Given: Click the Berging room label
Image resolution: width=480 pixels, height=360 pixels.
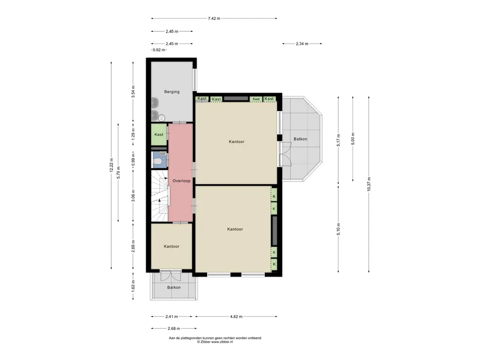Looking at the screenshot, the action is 172,91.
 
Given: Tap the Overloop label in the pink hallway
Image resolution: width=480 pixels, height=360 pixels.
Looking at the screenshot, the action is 181,181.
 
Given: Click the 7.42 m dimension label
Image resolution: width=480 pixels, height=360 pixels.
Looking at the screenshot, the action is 214,18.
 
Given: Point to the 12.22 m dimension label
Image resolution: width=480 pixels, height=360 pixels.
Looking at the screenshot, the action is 111,165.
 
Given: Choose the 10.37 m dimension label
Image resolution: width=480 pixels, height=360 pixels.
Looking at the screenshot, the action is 369,184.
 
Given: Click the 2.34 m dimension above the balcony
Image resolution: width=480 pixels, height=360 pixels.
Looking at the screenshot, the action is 302,44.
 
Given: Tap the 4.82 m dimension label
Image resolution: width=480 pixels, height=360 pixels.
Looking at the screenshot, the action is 236,316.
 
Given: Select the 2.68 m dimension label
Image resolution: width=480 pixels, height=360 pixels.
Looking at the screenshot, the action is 173,329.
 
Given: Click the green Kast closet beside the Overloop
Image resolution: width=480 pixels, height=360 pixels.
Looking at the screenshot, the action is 159,135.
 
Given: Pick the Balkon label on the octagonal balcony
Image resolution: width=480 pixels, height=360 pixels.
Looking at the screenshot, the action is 300,139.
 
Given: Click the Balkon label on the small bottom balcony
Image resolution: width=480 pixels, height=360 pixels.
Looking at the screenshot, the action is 174,287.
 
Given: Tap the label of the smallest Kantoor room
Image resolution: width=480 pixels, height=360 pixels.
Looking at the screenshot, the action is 172,247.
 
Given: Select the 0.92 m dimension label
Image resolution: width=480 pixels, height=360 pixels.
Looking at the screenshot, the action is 159,50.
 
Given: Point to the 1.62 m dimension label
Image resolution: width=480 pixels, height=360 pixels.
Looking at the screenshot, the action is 133,286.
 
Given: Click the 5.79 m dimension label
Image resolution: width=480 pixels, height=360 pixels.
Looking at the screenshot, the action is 119,172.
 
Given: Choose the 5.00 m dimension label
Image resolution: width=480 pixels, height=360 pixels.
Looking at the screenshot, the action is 353,139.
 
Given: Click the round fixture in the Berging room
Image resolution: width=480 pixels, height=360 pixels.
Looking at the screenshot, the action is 162,118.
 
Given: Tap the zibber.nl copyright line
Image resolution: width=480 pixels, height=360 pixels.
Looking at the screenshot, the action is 215,342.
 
